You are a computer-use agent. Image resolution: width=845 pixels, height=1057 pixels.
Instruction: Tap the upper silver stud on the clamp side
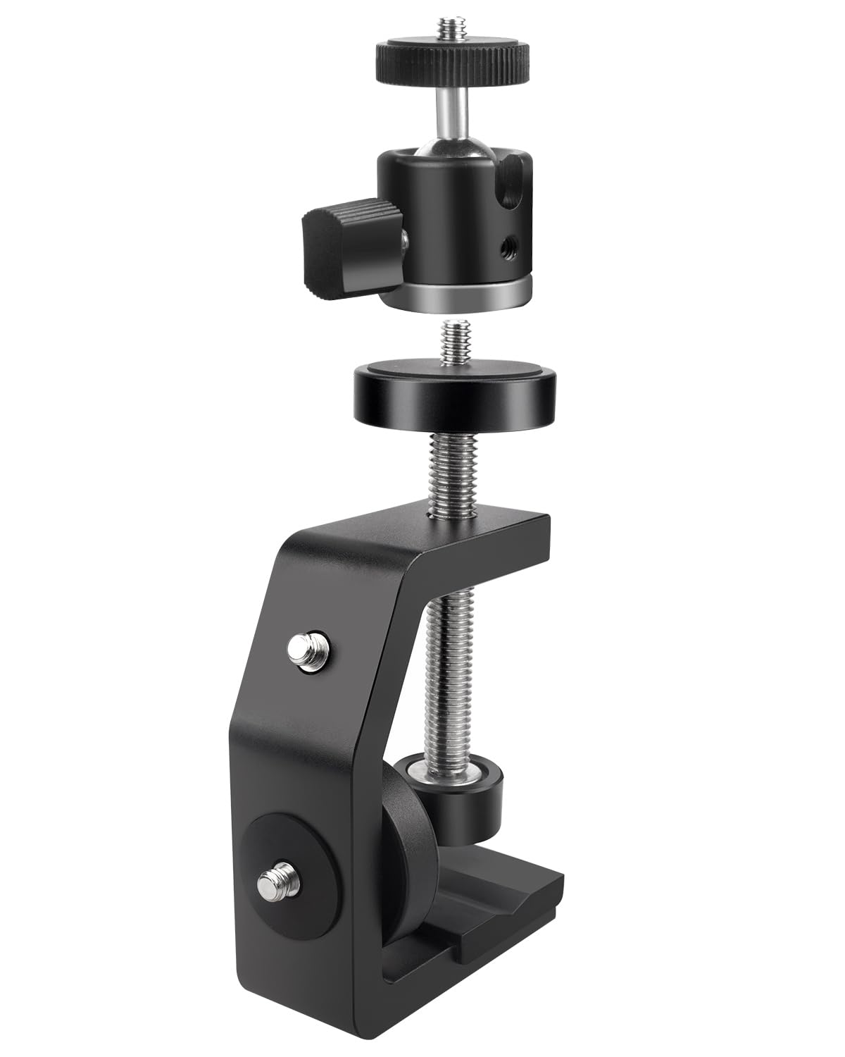tap(311, 644)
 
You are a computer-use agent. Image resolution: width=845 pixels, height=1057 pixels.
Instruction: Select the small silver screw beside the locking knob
tap(405, 242)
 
